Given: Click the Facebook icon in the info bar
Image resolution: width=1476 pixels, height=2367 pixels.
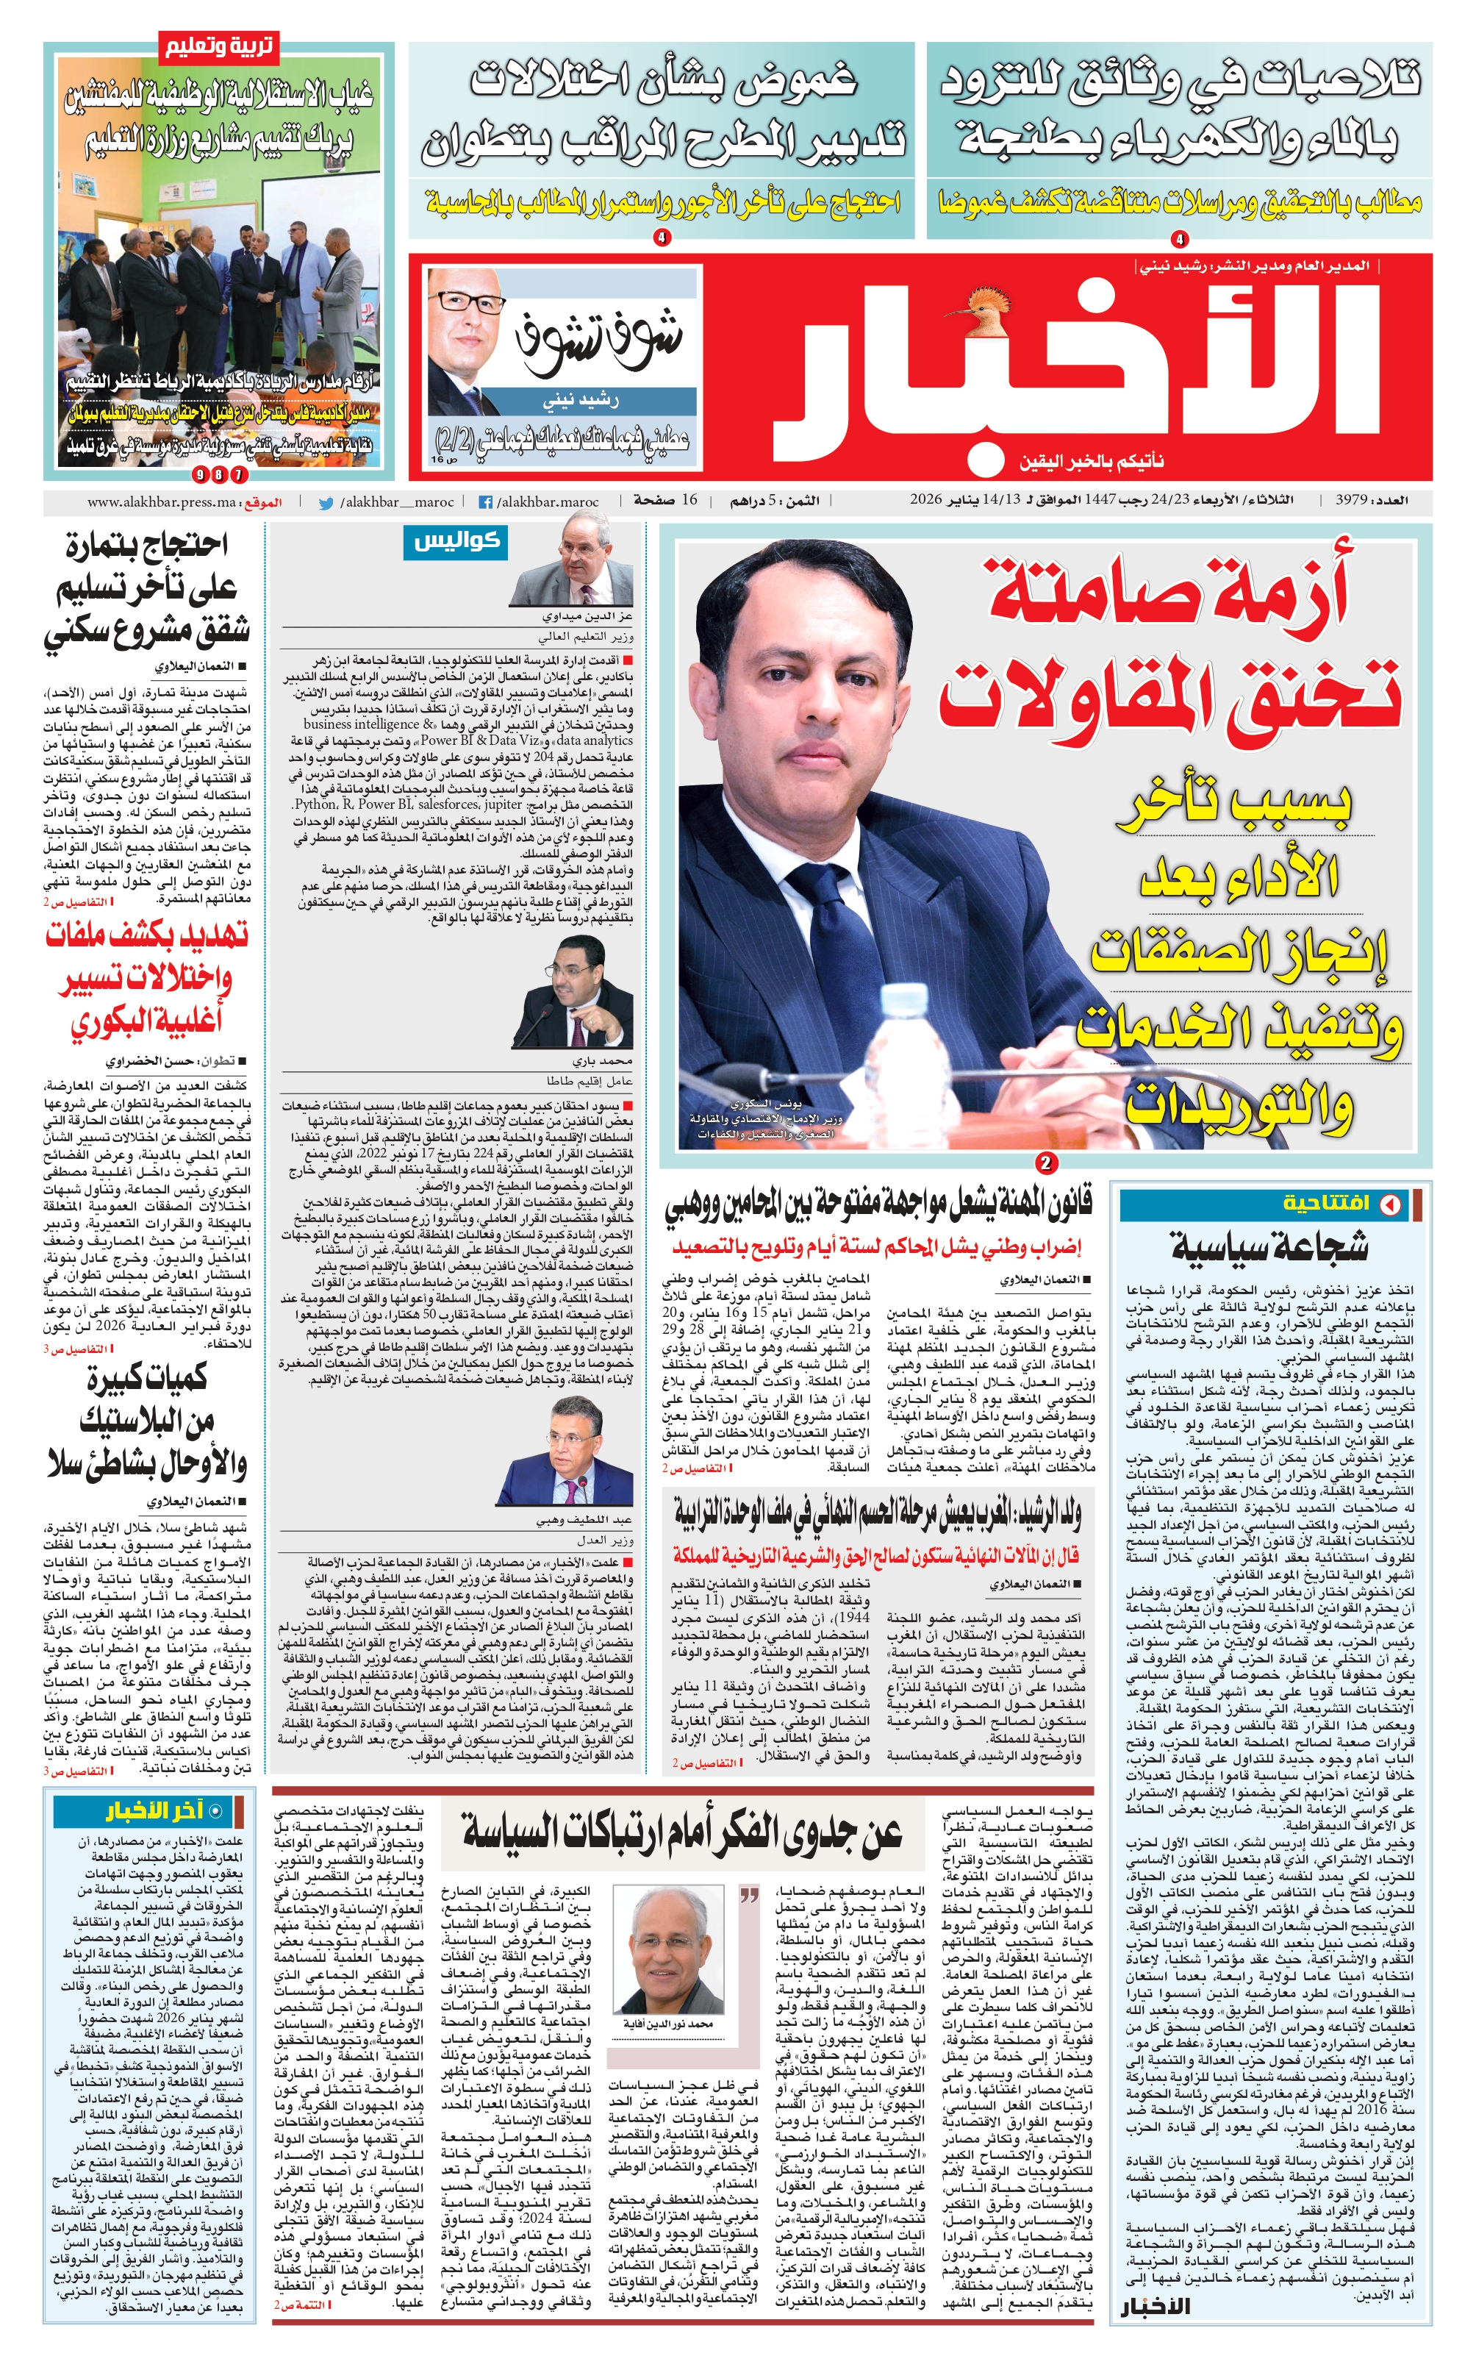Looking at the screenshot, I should pyautogui.click(x=484, y=502).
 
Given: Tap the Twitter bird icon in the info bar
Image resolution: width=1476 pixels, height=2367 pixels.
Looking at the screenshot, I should pyautogui.click(x=326, y=503).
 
